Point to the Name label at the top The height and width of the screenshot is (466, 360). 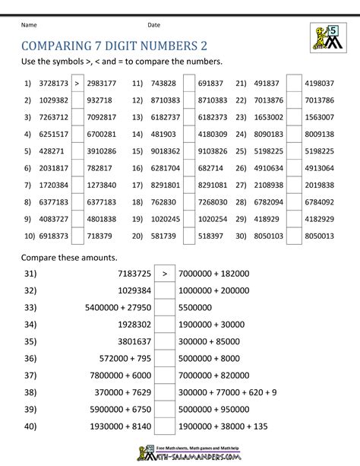click(30, 24)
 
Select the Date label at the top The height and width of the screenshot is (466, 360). click(154, 24)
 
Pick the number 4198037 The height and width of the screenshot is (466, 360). click(318, 82)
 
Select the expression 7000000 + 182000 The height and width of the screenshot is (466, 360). click(214, 272)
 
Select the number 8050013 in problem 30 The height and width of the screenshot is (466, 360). click(318, 236)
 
